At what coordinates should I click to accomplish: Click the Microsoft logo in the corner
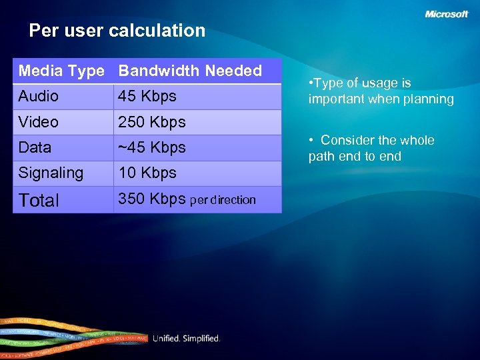click(447, 14)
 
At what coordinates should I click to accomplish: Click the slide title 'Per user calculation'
click(117, 31)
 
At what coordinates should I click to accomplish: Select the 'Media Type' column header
click(61, 71)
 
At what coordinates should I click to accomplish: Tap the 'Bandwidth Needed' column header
click(190, 71)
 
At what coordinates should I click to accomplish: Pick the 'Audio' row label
click(39, 96)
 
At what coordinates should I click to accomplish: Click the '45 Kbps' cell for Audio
click(147, 96)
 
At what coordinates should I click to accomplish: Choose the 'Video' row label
click(39, 122)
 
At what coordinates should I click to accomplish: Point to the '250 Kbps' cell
click(152, 122)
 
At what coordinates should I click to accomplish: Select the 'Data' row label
click(35, 147)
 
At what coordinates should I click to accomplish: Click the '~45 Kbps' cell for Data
click(152, 147)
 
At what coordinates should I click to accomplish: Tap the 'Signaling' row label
click(51, 173)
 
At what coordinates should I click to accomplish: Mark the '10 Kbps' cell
click(147, 173)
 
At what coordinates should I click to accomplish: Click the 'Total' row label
click(39, 200)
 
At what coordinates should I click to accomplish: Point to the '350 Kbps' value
click(152, 199)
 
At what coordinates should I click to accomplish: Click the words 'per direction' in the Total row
click(223, 200)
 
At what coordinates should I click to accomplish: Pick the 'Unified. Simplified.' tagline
click(186, 339)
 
